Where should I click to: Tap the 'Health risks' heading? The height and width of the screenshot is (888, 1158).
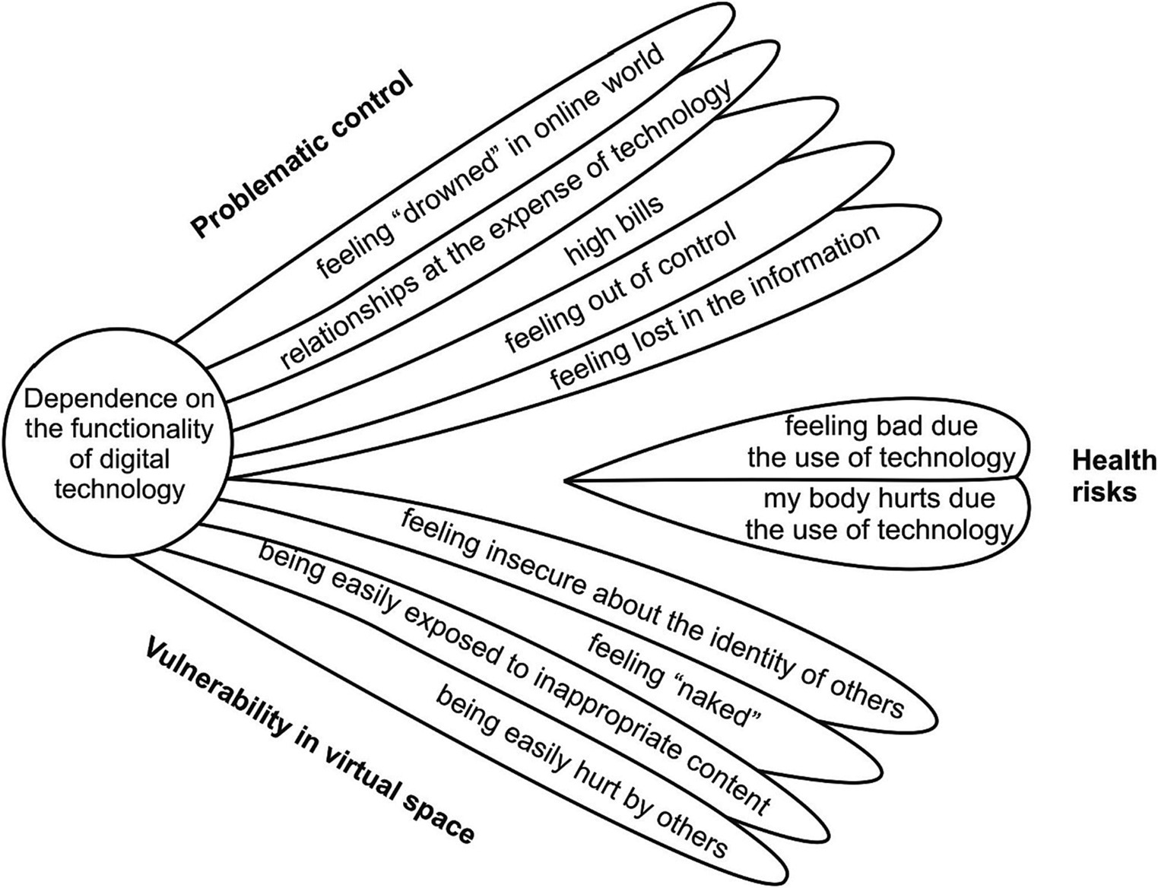click(x=1112, y=476)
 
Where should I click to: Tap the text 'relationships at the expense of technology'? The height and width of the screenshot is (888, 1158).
click(x=505, y=224)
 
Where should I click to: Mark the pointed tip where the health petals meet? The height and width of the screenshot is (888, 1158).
click(x=567, y=480)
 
